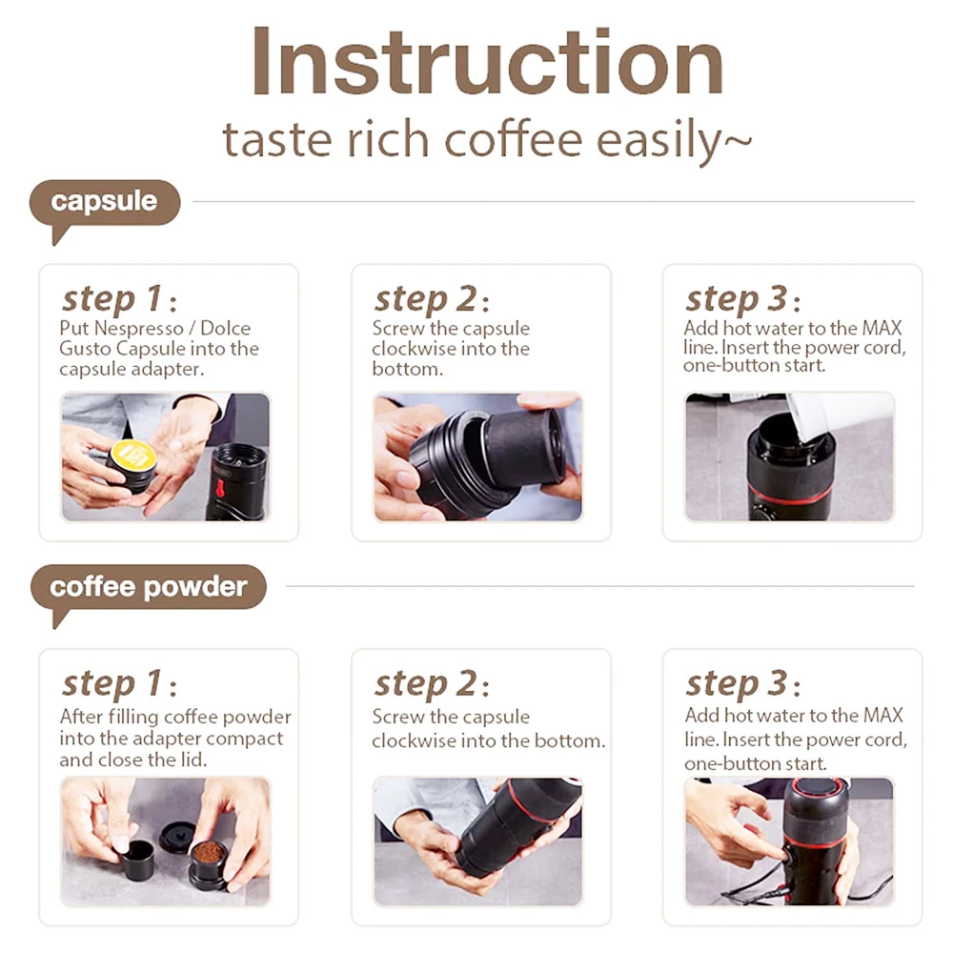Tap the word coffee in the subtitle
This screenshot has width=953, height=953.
pyautogui.click(x=513, y=140)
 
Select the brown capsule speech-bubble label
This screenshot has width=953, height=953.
pyautogui.click(x=104, y=202)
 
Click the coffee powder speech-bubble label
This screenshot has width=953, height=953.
pyautogui.click(x=148, y=586)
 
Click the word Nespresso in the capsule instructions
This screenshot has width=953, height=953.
pyautogui.click(x=133, y=328)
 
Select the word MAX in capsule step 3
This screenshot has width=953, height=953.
pyautogui.click(x=881, y=328)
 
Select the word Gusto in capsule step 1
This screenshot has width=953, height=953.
pyautogui.click(x=85, y=349)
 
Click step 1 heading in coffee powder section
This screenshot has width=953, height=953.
pyautogui.click(x=112, y=683)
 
